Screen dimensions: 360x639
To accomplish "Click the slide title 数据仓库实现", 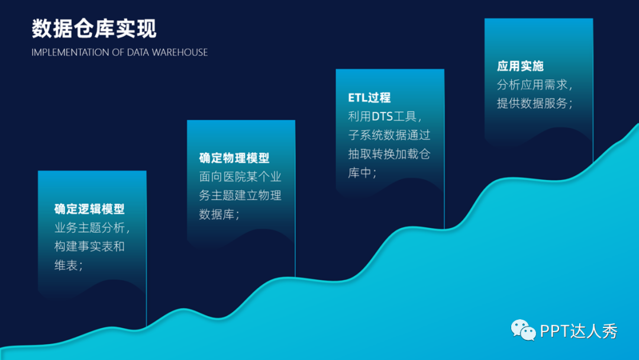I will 94,28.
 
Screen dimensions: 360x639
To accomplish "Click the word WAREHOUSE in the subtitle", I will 180,52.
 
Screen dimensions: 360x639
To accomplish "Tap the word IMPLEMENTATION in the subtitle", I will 70,52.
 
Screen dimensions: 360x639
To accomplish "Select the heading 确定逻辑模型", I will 89,209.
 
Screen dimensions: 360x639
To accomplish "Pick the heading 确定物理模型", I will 234,158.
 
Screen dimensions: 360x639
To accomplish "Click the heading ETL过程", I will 369,98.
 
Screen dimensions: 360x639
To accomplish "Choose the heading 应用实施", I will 520,66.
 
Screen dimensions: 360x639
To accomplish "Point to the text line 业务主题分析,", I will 92,228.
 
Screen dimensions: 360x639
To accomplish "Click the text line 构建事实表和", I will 89,246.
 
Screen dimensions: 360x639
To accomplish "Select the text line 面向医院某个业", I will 240,176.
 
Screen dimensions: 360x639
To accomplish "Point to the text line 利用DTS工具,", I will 386,117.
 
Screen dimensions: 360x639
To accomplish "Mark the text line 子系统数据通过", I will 389,135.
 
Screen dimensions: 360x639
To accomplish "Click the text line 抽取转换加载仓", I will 389,154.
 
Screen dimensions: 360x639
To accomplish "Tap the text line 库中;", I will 362,173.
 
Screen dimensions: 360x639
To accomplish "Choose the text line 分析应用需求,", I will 535,85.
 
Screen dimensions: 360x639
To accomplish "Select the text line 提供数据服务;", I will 535,103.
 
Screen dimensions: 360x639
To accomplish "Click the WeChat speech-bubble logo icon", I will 524,330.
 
